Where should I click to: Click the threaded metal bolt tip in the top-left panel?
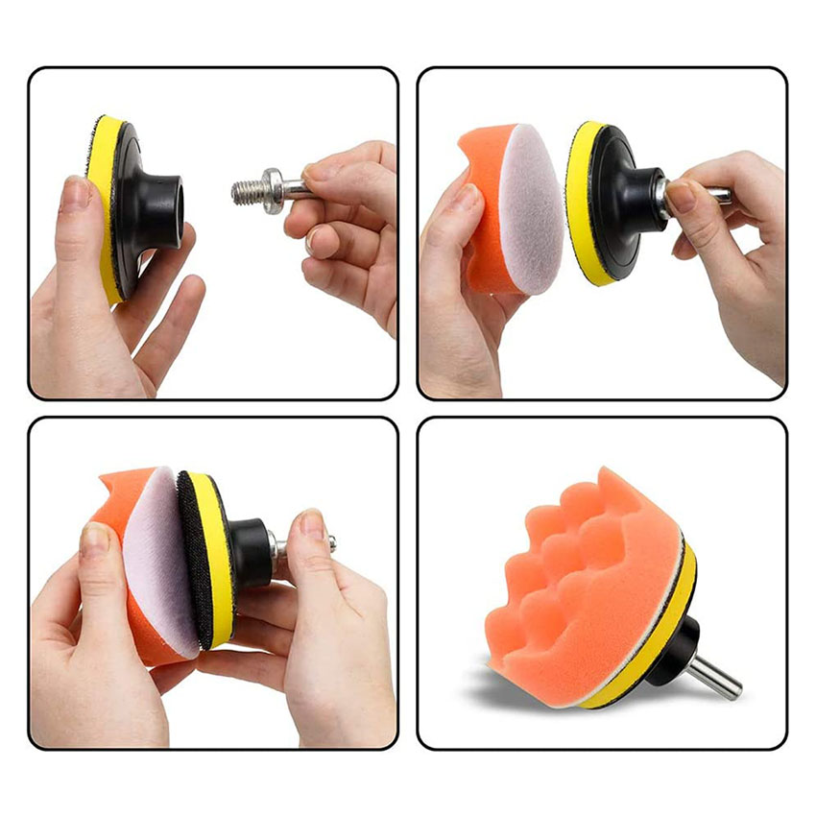click(246, 190)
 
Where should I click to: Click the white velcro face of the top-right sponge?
click(533, 209)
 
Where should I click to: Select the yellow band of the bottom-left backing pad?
click(220, 562)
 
